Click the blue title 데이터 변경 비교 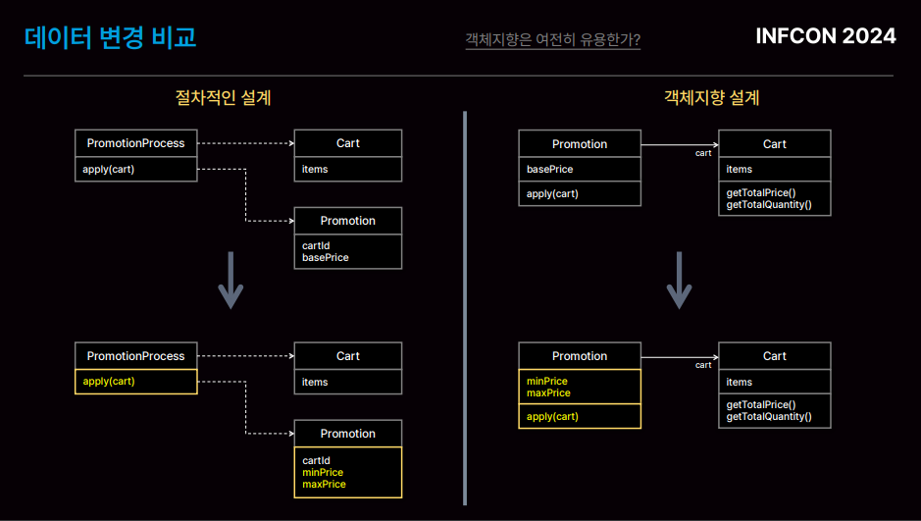pyautogui.click(x=111, y=37)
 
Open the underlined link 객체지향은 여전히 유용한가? pyautogui.click(x=553, y=40)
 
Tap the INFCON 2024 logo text pyautogui.click(x=825, y=36)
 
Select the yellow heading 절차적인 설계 pyautogui.click(x=224, y=97)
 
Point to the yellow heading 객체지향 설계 pyautogui.click(x=712, y=97)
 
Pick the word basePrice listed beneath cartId pyautogui.click(x=326, y=258)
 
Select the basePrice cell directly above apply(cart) pyautogui.click(x=579, y=169)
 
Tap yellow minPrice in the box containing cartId pyautogui.click(x=323, y=472)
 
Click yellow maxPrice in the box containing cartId pyautogui.click(x=324, y=484)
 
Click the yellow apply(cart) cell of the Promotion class pyautogui.click(x=579, y=416)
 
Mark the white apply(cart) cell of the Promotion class pyautogui.click(x=579, y=194)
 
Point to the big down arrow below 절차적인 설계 pyautogui.click(x=230, y=281)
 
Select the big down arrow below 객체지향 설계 pyautogui.click(x=679, y=281)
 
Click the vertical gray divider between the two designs pyautogui.click(x=465, y=308)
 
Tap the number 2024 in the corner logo pyautogui.click(x=869, y=36)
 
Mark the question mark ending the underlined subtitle pyautogui.click(x=637, y=39)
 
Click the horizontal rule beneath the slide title pyautogui.click(x=458, y=76)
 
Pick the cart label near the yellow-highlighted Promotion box pyautogui.click(x=703, y=365)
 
